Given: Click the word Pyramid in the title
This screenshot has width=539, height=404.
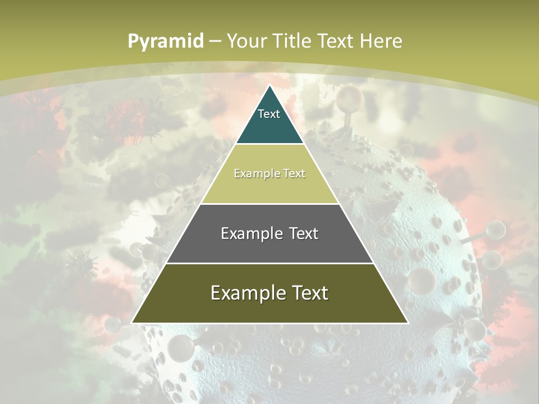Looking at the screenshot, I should coord(166,41).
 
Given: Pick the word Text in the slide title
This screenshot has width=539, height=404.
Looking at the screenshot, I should coord(335,41).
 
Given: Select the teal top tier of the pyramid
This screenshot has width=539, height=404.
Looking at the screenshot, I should coord(269,126).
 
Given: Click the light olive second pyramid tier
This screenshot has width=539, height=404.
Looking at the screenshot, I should coord(269,188).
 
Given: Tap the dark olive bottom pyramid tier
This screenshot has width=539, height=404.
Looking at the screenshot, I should coord(269,309).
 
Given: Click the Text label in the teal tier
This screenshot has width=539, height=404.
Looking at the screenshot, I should coord(269,114).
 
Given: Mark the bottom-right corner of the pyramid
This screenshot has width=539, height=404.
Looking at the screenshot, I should coord(407,323).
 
